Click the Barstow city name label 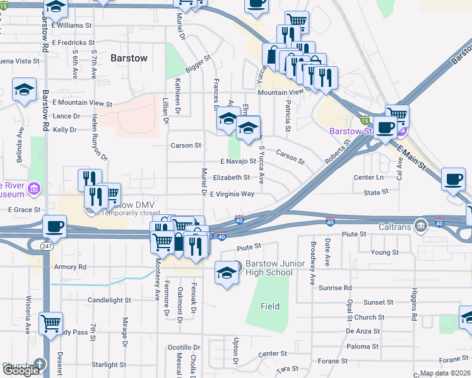(x=129, y=58)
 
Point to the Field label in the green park (x=270, y=307)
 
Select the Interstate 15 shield (x=364, y=119)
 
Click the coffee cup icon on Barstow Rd (x=54, y=226)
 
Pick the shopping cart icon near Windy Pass (x=50, y=324)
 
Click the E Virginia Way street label (x=232, y=194)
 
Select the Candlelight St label (x=109, y=301)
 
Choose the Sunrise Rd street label (x=335, y=288)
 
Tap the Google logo (x=20, y=370)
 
